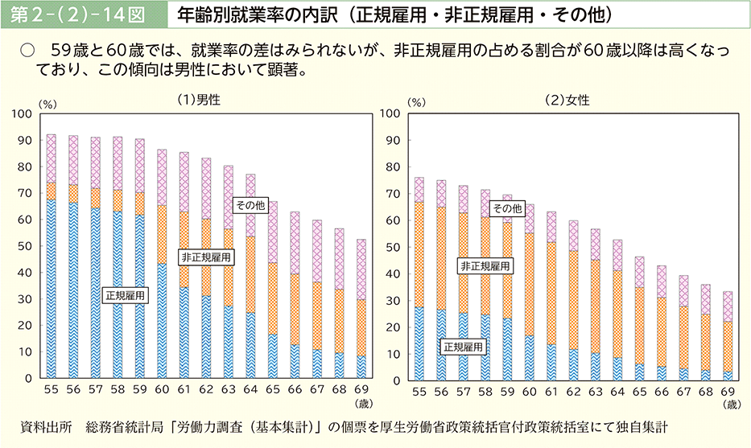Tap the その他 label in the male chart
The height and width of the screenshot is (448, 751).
[250, 205]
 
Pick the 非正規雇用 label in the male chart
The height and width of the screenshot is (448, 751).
[207, 257]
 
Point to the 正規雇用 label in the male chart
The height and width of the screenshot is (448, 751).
[126, 295]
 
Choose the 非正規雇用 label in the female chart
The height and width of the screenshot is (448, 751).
[485, 265]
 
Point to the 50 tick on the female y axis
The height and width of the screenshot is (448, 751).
[394, 247]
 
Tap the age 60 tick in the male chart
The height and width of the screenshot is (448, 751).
[162, 391]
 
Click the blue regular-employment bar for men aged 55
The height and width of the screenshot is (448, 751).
[52, 290]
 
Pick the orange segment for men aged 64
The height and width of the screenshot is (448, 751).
[250, 273]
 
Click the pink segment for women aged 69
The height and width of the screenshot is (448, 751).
[727, 306]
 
